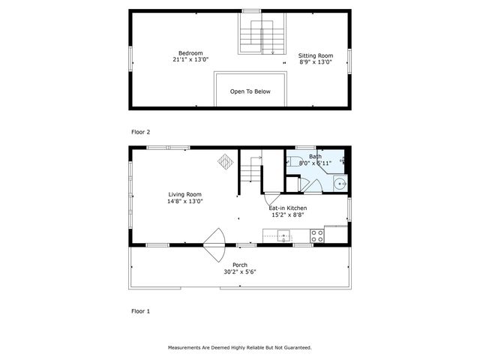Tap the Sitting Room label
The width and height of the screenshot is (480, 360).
(316, 55)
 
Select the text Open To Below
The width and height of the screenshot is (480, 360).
(250, 91)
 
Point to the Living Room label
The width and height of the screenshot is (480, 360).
(184, 194)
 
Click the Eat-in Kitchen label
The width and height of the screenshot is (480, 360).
(288, 208)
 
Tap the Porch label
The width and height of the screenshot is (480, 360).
(240, 265)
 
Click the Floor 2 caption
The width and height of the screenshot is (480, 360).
(141, 132)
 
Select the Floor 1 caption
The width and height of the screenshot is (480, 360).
(141, 310)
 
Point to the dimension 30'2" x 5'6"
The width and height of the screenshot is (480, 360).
(240, 272)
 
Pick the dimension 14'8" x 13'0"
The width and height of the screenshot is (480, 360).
(184, 201)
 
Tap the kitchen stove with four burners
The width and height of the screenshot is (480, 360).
(317, 235)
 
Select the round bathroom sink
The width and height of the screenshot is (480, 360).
(340, 182)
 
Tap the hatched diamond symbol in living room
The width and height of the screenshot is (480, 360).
(226, 161)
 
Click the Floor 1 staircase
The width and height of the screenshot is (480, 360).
(251, 171)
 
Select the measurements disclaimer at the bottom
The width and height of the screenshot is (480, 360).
(239, 348)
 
